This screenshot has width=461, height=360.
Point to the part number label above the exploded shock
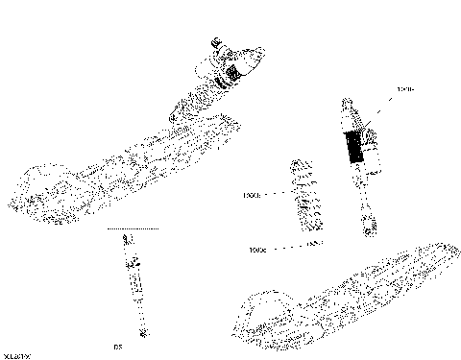[404, 89]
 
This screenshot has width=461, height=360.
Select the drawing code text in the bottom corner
[16, 354]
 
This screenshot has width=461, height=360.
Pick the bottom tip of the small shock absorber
[142, 332]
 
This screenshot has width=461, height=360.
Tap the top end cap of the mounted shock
[216, 43]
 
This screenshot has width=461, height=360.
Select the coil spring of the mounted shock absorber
[197, 97]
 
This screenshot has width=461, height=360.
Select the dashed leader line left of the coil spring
[275, 194]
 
